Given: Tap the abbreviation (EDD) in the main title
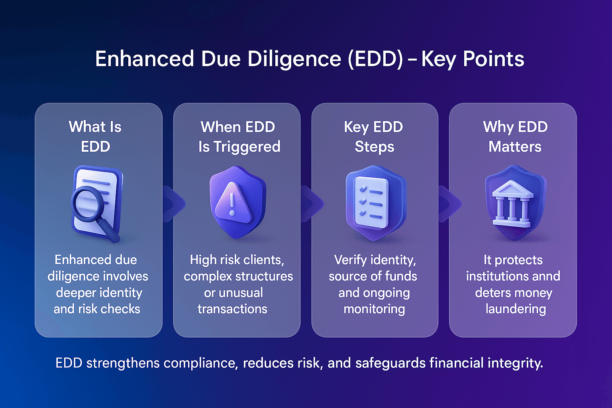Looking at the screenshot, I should coord(376,59).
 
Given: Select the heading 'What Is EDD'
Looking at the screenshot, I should coord(95,137).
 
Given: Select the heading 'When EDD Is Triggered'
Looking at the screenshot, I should coord(239,137).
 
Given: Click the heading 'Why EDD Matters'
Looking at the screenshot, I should coord(515,137).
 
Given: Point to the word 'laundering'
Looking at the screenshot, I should coord(516,309).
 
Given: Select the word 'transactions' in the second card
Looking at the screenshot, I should coord(232,309).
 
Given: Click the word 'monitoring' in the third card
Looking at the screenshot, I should coord(374,309).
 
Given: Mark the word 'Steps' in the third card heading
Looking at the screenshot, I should coord(375,147).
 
